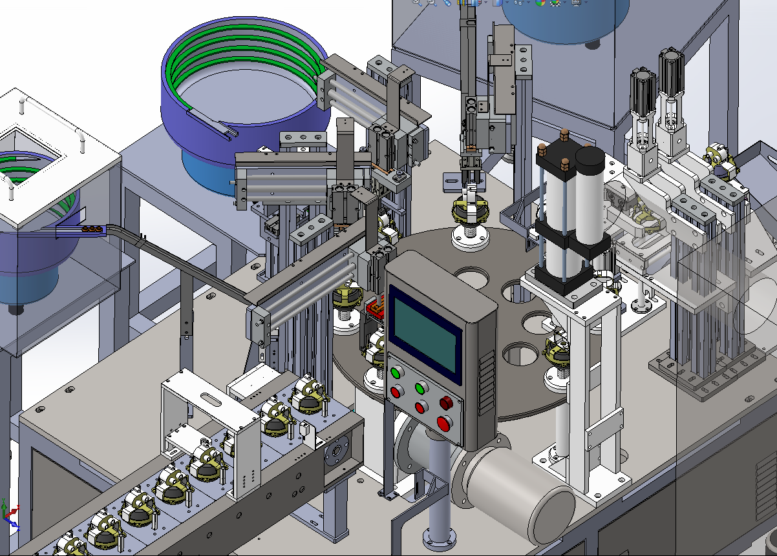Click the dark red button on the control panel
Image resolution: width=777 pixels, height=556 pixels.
coord(445,403)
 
